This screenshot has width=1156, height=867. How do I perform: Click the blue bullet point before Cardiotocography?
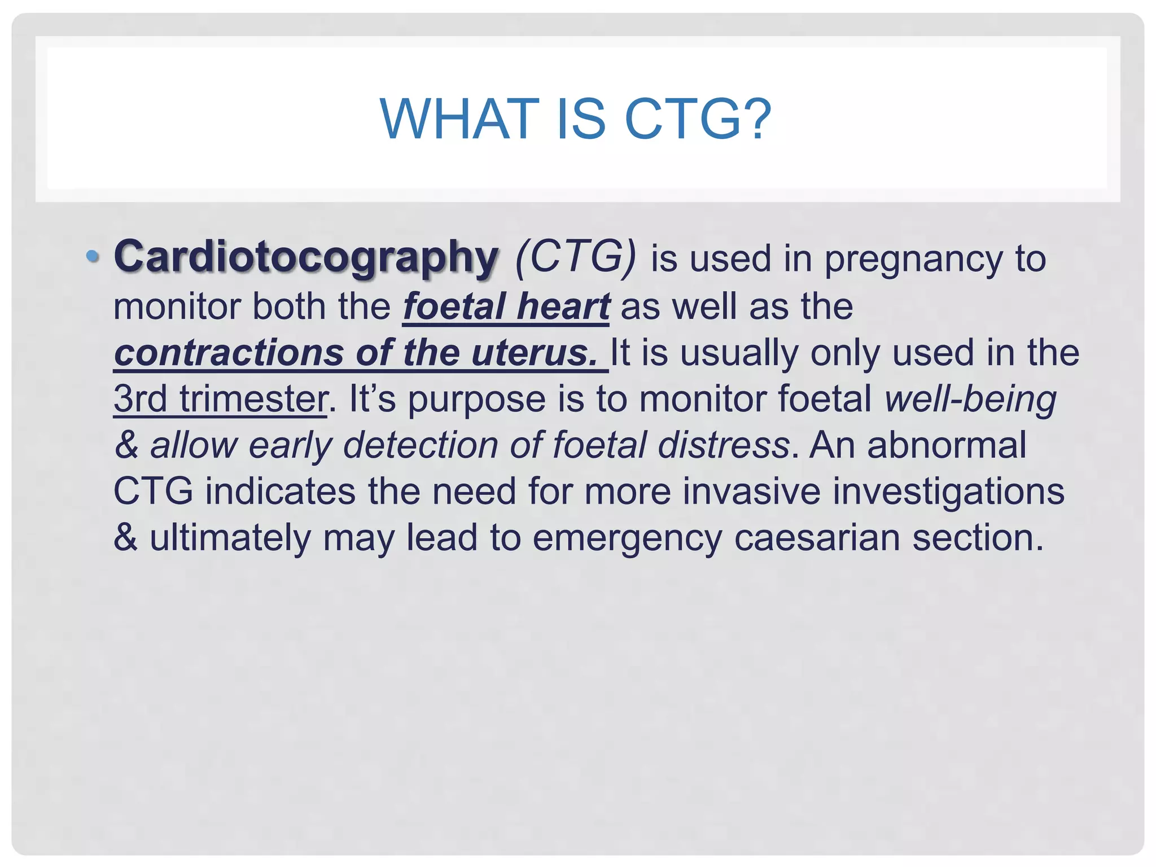pyautogui.click(x=92, y=257)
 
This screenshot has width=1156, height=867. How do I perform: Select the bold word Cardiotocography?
pyautogui.click(x=306, y=258)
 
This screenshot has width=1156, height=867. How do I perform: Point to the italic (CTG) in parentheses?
pyautogui.click(x=576, y=258)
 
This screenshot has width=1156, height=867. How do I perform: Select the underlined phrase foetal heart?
pyautogui.click(x=506, y=306)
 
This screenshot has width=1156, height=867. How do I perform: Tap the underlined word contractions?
pyautogui.click(x=229, y=353)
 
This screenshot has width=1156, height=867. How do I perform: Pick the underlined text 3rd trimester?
pyautogui.click(x=220, y=399)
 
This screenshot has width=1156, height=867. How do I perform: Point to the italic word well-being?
pyautogui.click(x=970, y=399)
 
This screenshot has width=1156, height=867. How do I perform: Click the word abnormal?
pyautogui.click(x=947, y=445)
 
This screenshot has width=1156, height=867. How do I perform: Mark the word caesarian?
pyautogui.click(x=817, y=538)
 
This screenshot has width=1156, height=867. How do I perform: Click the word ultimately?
pyautogui.click(x=230, y=538)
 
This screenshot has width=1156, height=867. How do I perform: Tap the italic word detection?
pyautogui.click(x=420, y=445)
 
